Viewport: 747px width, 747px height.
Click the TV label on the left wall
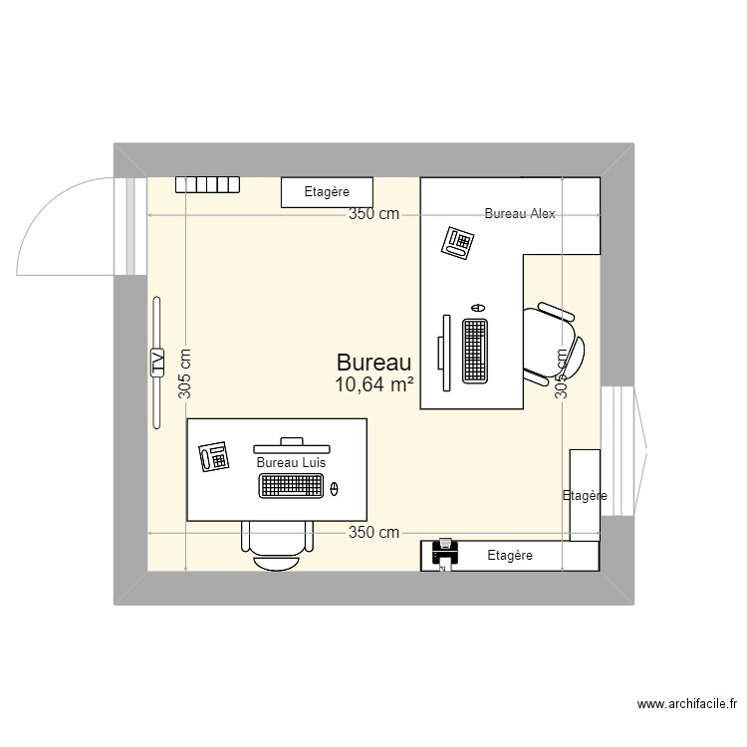156,363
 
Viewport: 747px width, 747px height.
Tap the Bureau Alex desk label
520,213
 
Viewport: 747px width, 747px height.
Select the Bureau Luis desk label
292,462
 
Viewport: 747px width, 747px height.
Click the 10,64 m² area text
374,384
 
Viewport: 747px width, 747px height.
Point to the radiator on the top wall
208,184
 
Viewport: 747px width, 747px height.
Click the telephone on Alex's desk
458,242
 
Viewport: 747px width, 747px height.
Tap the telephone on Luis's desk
214,456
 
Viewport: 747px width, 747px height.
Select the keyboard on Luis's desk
292,485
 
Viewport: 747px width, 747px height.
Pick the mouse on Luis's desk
334,487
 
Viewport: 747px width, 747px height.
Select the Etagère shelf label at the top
327,192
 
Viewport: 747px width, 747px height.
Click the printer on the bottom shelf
445,555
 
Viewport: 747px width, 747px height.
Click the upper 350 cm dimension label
373,213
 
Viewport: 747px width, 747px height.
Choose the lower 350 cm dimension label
373,532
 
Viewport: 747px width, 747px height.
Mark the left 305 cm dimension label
185,373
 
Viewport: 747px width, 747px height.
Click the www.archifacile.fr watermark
687,705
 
